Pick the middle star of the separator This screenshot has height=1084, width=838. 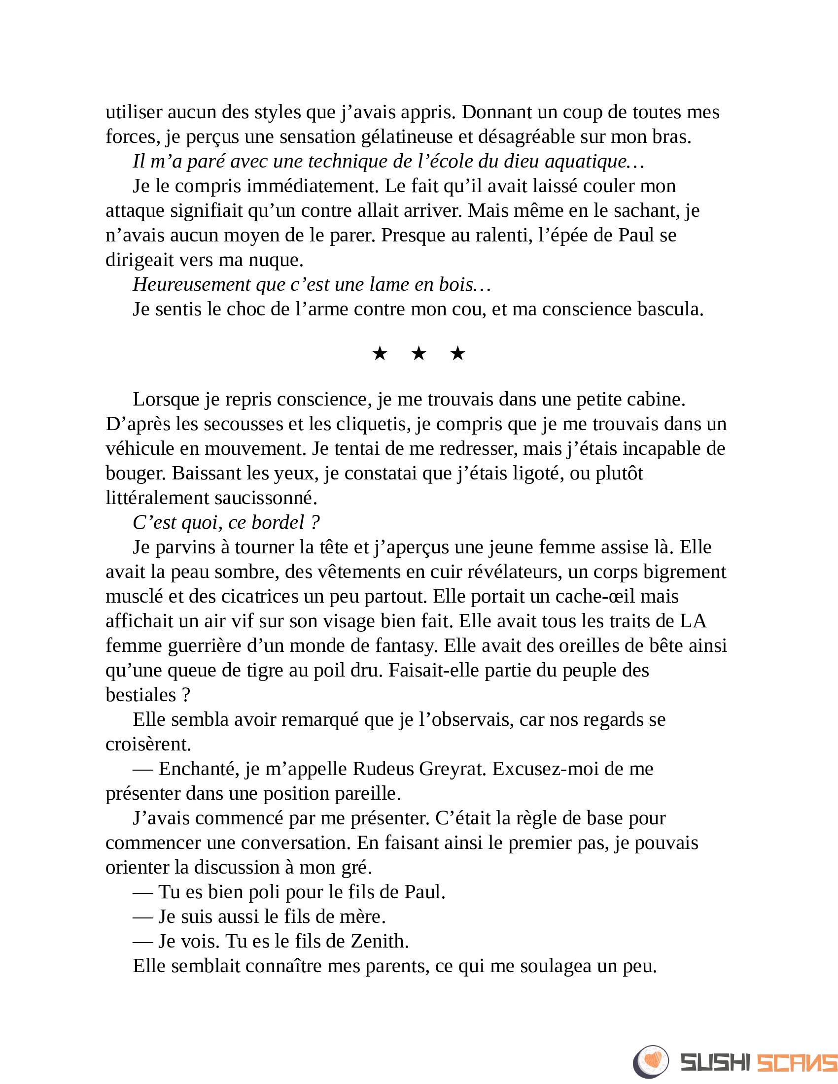pos(419,354)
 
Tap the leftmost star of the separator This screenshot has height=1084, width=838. pos(380,354)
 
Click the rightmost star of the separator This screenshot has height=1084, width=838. pos(457,354)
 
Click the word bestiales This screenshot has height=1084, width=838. pos(141,695)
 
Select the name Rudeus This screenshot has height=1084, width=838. pos(383,769)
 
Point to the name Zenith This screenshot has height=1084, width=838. pos(379,942)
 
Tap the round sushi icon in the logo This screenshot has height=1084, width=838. pos(651,1062)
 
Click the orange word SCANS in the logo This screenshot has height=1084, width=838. pos(797,1063)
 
